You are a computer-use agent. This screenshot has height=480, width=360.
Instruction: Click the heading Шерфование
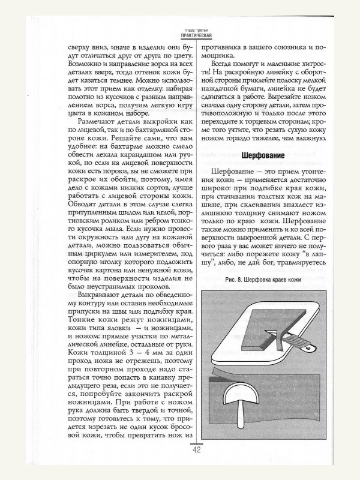point(263,155)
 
